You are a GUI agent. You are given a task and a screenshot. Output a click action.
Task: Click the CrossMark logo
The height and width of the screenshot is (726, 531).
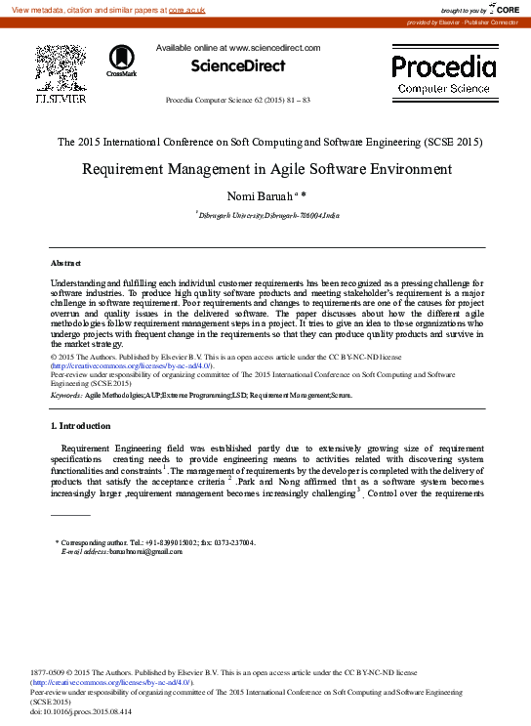(x=122, y=60)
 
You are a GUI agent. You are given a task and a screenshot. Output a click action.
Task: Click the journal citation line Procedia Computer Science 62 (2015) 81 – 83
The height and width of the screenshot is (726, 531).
(x=238, y=101)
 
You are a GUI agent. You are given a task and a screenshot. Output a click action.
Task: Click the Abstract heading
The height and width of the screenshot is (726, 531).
(x=66, y=264)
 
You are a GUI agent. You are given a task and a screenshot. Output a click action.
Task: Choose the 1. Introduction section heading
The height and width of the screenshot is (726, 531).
(x=80, y=426)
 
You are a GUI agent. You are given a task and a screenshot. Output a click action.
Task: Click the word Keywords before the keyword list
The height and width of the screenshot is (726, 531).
(x=65, y=396)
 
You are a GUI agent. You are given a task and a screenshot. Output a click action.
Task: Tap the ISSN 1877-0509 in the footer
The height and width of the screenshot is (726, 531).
(x=50, y=674)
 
